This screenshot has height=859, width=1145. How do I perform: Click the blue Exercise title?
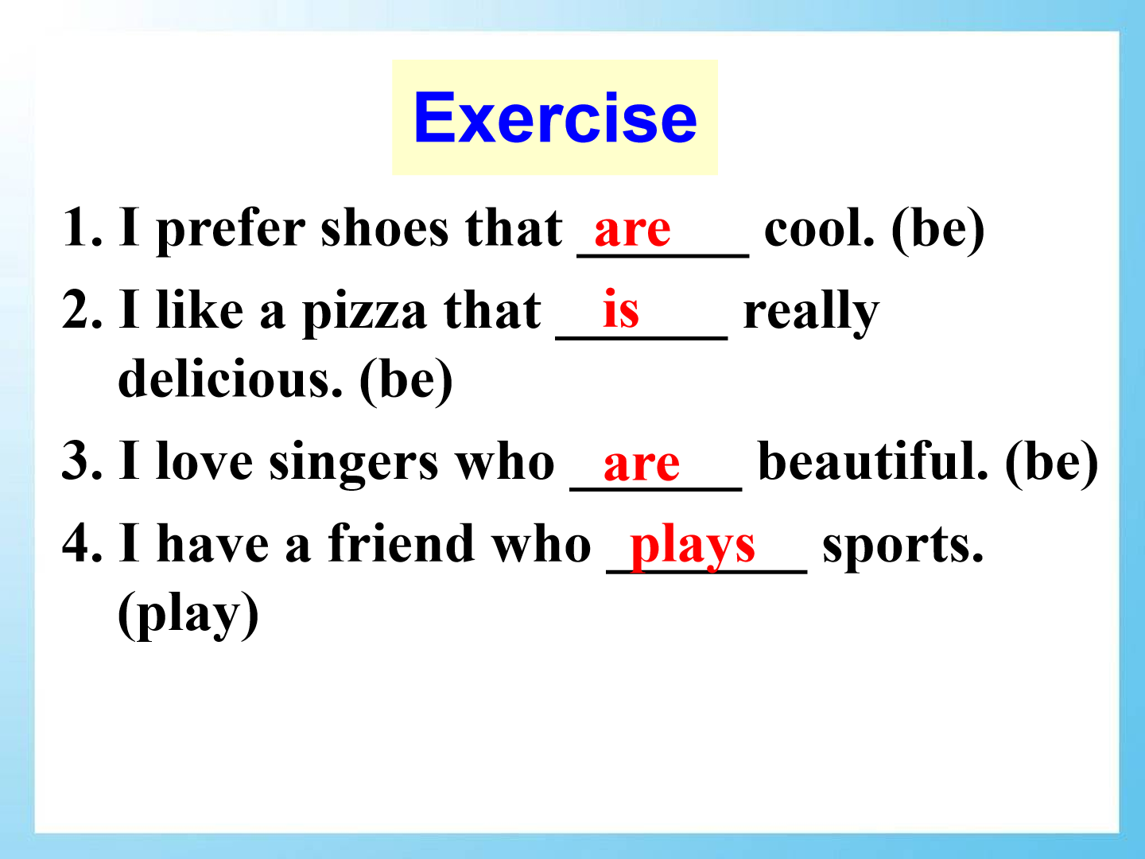(x=555, y=118)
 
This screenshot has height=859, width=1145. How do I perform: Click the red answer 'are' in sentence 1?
(x=632, y=230)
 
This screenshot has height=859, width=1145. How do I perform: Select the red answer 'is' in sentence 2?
(x=621, y=309)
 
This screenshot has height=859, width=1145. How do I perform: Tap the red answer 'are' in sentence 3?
(x=641, y=464)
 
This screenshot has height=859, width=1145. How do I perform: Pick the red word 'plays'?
(x=693, y=547)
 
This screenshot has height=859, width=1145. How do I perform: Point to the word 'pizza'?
(x=364, y=313)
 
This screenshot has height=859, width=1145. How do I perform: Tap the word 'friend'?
(x=401, y=543)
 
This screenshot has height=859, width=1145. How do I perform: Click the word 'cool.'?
(x=819, y=227)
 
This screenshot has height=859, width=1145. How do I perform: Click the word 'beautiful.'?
(x=873, y=460)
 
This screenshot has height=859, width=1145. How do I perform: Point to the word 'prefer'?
(x=231, y=230)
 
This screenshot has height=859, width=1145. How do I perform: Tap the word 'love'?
(x=204, y=460)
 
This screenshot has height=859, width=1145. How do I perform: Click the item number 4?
(x=82, y=542)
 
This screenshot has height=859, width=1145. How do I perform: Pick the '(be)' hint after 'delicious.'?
(x=406, y=381)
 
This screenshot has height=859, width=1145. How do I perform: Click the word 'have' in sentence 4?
(x=213, y=543)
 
